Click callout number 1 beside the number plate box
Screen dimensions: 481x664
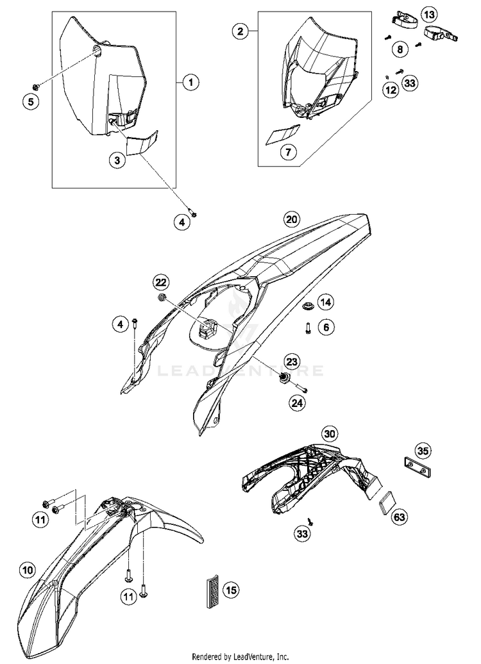[190, 82]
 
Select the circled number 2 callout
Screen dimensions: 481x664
[240, 30]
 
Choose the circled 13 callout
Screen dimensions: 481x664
[428, 14]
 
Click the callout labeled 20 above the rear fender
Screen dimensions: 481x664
[292, 219]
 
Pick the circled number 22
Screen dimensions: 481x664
[160, 282]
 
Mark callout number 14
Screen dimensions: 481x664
[326, 301]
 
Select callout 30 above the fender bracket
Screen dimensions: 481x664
[330, 434]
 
